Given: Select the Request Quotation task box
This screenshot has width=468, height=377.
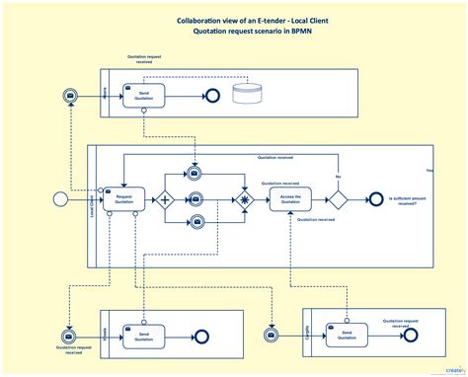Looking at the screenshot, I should (123, 198).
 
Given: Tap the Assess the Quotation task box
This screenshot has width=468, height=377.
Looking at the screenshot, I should (289, 198).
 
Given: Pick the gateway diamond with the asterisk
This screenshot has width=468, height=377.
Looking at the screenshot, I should (244, 198).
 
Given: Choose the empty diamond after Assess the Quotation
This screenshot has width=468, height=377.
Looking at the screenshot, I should (338, 198).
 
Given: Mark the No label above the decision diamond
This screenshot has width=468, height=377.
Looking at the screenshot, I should (338, 179).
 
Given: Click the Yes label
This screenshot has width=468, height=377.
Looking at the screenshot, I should (429, 170).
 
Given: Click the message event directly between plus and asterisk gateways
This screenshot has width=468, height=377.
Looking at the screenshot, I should (195, 198).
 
